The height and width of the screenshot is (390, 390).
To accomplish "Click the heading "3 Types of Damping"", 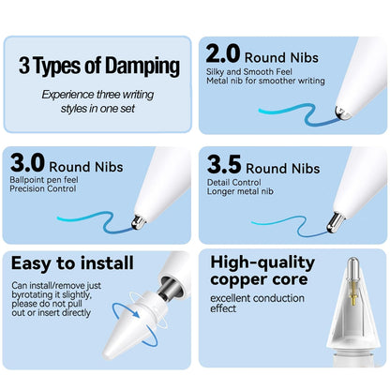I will point(97,67).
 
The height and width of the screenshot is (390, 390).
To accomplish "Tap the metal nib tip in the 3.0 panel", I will point(139,222).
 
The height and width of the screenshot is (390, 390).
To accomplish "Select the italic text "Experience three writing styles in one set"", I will point(97,101).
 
